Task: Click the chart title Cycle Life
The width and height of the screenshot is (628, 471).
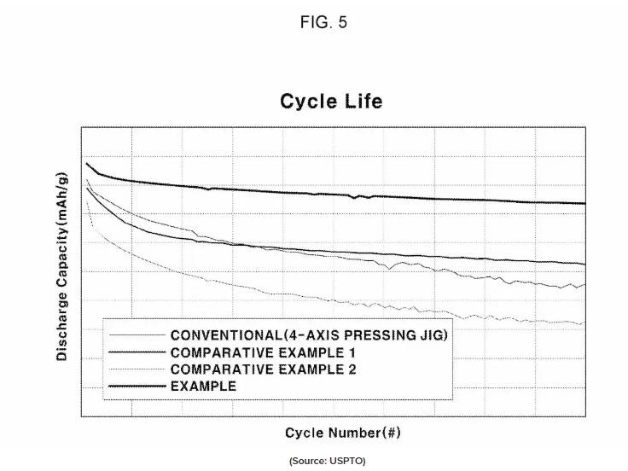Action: pyautogui.click(x=331, y=102)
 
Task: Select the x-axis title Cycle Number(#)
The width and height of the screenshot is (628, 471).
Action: pyautogui.click(x=342, y=433)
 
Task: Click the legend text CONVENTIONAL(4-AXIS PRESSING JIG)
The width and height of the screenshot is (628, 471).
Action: pyautogui.click(x=309, y=334)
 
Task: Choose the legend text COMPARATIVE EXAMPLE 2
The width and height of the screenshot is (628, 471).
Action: pyautogui.click(x=250, y=369)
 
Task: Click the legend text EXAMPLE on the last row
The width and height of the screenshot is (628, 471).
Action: pyautogui.click(x=203, y=386)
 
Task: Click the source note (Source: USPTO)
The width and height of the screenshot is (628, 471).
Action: pyautogui.click(x=327, y=461)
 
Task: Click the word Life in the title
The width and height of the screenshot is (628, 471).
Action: pyautogui.click(x=363, y=102)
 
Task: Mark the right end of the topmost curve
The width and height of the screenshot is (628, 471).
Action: pyautogui.click(x=585, y=204)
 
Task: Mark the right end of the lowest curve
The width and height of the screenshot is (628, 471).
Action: pyautogui.click(x=584, y=323)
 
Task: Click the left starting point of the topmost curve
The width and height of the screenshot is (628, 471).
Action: pyautogui.click(x=86, y=162)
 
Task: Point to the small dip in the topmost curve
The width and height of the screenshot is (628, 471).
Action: pyautogui.click(x=355, y=197)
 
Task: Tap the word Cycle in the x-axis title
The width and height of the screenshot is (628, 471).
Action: pyautogui.click(x=304, y=433)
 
